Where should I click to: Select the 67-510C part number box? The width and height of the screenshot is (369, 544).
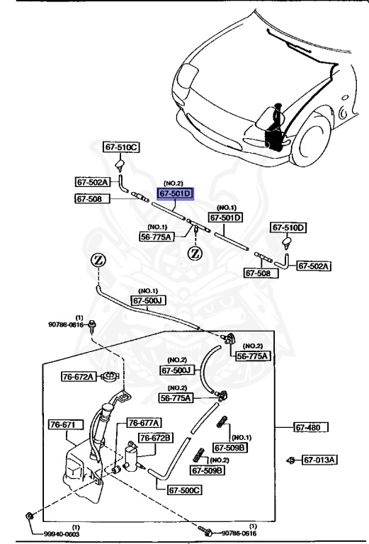pyautogui.click(x=122, y=147)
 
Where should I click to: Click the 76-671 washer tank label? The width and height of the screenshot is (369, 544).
pyautogui.click(x=66, y=424)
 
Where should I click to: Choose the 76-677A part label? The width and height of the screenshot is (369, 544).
pyautogui.click(x=144, y=423)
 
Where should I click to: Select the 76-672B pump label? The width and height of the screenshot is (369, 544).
pyautogui.click(x=155, y=438)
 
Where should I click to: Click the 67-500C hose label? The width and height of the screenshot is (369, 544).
pyautogui.click(x=184, y=489)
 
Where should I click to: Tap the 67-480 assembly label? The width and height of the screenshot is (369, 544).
pyautogui.click(x=312, y=427)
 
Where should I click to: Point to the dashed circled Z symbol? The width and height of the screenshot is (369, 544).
pyautogui.click(x=193, y=253)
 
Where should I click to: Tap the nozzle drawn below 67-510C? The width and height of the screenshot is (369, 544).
pyautogui.click(x=120, y=167)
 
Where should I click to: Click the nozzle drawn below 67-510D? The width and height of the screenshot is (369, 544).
pyautogui.click(x=287, y=245)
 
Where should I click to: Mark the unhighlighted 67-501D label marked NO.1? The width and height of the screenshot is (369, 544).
pyautogui.click(x=225, y=218)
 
